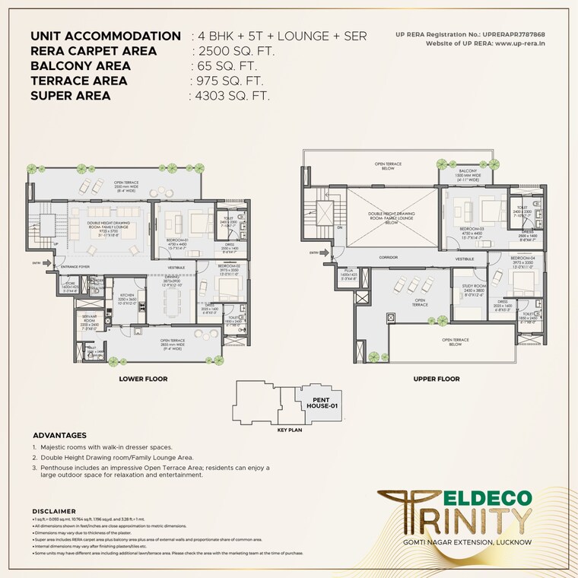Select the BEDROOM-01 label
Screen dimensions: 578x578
coord(176,240)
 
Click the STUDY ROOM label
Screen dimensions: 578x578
coord(473,286)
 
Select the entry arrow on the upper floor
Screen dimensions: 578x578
coord(314,252)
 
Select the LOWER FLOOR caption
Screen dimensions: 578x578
coord(143,378)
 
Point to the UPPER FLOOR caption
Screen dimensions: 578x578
coord(436,378)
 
